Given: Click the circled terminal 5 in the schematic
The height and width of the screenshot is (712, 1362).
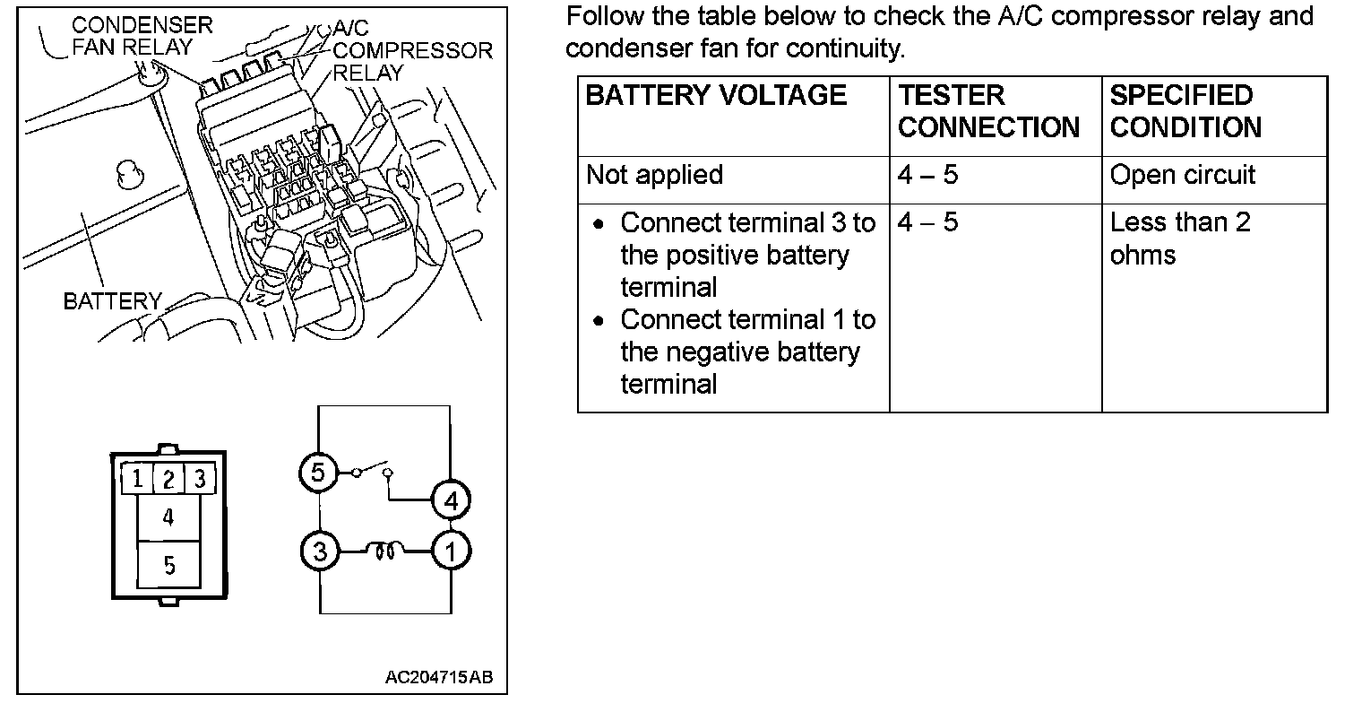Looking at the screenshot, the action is tap(318, 473).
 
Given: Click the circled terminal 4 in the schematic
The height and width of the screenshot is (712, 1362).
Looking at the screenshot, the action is tap(451, 500).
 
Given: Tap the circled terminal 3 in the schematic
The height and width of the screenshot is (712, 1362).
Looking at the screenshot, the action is tap(320, 551).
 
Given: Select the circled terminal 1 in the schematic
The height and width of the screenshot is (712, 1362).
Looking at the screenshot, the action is tap(451, 551).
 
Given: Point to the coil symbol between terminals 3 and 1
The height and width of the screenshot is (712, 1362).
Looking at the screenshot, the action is tap(385, 551).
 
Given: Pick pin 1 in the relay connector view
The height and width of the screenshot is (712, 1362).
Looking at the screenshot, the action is tap(137, 479).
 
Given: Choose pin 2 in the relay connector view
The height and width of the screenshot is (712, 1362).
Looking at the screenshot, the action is tap(168, 479).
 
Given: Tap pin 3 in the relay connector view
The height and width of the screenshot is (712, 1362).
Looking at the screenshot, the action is tap(200, 479).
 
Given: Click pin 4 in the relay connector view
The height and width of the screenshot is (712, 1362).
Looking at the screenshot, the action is tap(168, 517).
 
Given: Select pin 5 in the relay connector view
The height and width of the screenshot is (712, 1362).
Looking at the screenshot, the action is tap(168, 565).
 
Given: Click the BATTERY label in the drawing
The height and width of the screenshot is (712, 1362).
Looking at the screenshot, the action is tap(113, 301).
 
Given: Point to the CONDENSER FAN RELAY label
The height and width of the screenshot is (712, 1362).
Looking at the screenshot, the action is tap(142, 36).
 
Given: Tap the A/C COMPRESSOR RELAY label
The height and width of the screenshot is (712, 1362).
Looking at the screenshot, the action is tap(413, 50).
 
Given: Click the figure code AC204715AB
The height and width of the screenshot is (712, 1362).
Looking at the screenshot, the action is tap(439, 677).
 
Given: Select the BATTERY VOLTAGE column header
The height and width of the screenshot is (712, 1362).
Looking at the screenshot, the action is tap(716, 95).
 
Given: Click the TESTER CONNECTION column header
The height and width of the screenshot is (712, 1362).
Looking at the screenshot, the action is tap(988, 111).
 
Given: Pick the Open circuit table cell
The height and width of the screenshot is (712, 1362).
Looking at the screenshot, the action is tap(1183, 175).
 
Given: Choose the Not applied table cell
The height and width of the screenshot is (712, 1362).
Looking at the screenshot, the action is tap(654, 175).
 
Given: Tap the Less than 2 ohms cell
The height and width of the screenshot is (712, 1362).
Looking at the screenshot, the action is tap(1180, 239).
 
